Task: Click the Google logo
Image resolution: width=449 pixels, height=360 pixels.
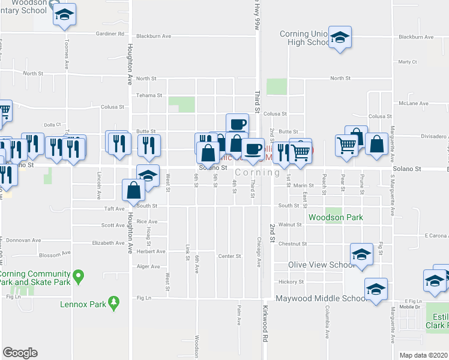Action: click(x=20, y=353)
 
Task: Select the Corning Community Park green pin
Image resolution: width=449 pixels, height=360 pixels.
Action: click(x=78, y=277)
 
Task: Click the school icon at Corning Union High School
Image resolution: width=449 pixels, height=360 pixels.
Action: click(x=340, y=39)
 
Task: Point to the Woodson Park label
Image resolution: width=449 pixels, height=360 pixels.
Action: click(x=336, y=217)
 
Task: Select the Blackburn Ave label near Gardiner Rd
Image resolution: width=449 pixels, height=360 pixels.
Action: click(x=154, y=36)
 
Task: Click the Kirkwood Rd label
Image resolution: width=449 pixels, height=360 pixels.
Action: click(x=265, y=316)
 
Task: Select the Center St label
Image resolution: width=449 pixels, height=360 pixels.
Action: click(x=229, y=256)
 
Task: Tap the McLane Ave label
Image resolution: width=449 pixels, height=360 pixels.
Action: click(x=415, y=103)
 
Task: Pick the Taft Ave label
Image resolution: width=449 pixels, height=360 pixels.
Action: click(x=113, y=209)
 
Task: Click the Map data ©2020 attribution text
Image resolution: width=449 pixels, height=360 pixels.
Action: click(x=423, y=355)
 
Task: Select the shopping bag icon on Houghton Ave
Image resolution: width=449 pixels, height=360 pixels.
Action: click(x=134, y=190)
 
